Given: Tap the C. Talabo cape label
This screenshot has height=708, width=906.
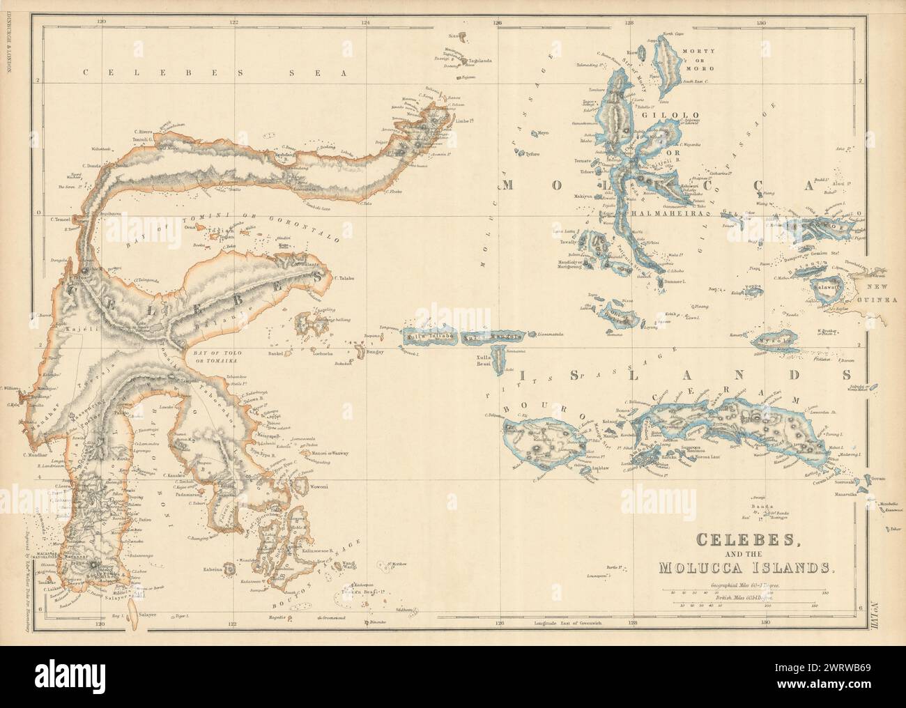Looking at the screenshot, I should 345,278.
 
